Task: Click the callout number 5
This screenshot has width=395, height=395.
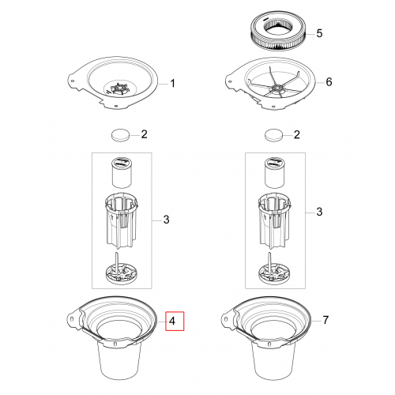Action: [x=319, y=33]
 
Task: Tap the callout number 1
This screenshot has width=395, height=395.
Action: [x=172, y=84]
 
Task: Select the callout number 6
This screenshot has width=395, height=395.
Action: [x=329, y=82]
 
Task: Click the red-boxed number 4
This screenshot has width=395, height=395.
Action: [x=172, y=321]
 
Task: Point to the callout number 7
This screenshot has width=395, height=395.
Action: [x=325, y=320]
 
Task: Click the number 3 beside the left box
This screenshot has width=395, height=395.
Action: [x=166, y=220]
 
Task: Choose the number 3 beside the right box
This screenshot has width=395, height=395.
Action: [x=319, y=212]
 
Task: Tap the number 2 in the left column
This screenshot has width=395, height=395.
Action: [x=144, y=134]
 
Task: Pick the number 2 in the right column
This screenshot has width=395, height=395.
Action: [x=297, y=134]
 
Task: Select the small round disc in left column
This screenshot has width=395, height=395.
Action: [x=120, y=135]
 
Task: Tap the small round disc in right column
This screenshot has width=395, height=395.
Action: [x=273, y=135]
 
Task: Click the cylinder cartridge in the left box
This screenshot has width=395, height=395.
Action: [x=122, y=172]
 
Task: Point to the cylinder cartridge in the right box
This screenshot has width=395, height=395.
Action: [x=274, y=172]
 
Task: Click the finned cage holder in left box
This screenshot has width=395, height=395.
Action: [x=121, y=220]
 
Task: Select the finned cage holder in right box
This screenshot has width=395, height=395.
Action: [x=274, y=220]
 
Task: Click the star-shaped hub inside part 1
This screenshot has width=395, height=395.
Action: [x=118, y=89]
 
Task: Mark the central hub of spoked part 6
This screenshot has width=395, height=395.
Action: [x=277, y=88]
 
